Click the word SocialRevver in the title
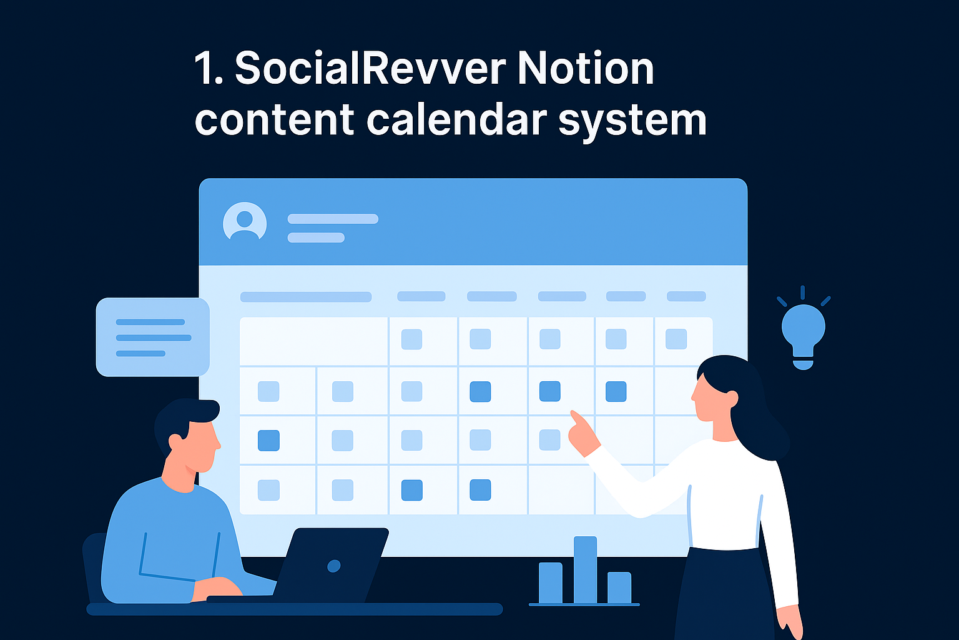point(370,69)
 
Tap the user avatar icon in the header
point(245,222)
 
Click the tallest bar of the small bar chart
point(585,569)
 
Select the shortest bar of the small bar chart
point(619,587)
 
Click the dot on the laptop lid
point(334,566)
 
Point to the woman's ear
point(732,397)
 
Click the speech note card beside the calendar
point(152,337)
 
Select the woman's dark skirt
point(724,594)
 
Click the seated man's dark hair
point(184,416)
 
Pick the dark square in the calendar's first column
point(268,441)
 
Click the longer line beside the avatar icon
point(333,219)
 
